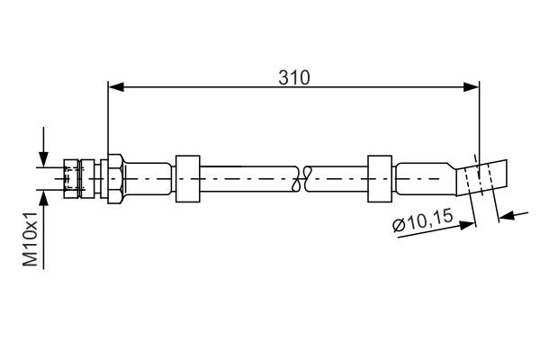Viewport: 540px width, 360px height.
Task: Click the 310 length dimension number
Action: pyautogui.click(x=293, y=77)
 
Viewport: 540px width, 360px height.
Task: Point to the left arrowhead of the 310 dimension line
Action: pyautogui.click(x=114, y=87)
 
